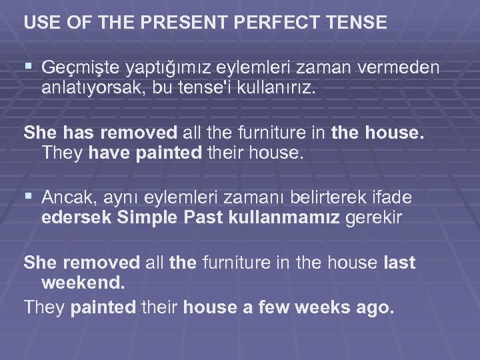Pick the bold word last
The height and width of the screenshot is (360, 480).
[400, 263]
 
